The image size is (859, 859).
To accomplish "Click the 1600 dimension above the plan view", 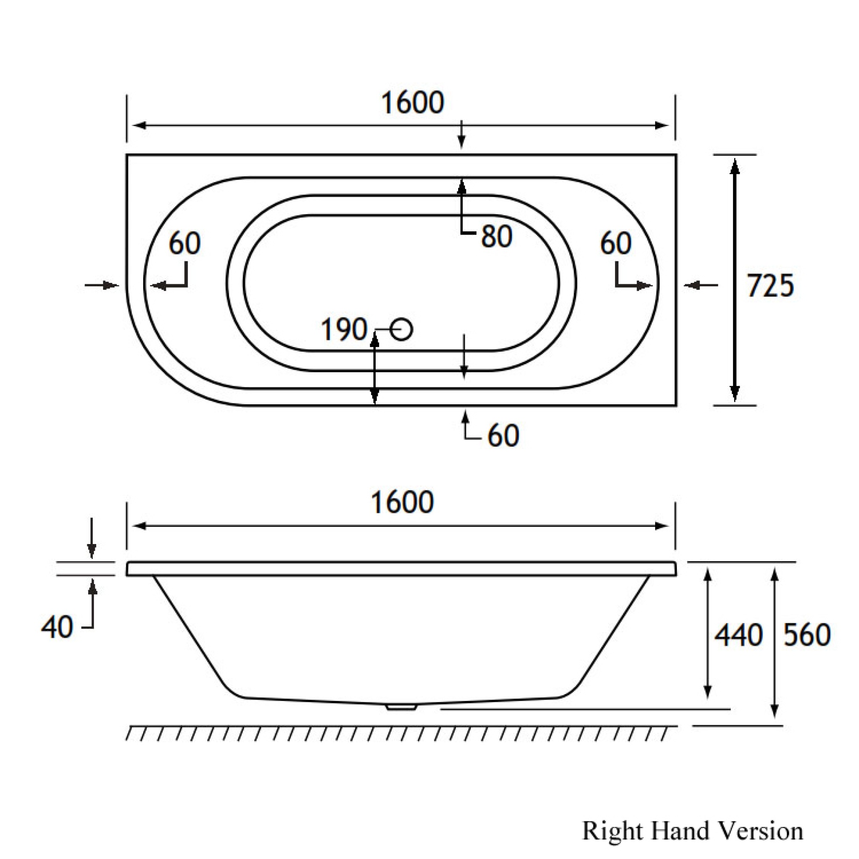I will (x=412, y=103).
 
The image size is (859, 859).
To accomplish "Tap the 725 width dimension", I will (x=770, y=285).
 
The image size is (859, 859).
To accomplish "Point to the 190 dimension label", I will (x=344, y=330).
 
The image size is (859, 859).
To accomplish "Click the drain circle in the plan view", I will (x=402, y=330).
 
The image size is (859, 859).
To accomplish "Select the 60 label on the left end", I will (x=185, y=243).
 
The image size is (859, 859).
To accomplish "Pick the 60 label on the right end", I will (x=615, y=243).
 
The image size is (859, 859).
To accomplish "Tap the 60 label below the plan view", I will (x=503, y=436).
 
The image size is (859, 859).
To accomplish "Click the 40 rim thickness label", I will (x=57, y=628).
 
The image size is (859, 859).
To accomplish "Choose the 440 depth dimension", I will (x=738, y=635).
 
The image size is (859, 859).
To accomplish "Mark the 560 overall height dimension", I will (x=806, y=635).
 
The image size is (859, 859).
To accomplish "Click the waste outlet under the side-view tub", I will (x=401, y=706).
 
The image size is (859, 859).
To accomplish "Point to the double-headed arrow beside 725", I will (x=735, y=280).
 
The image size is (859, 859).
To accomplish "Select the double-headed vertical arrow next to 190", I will (x=374, y=369).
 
